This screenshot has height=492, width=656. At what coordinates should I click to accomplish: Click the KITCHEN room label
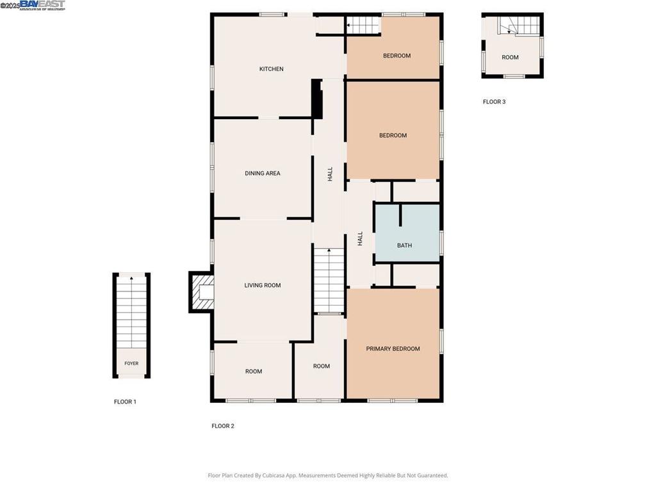coord(271,69)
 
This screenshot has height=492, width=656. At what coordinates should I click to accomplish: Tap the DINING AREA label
coord(263,174)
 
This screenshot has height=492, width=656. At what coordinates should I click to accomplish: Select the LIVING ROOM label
coord(263,286)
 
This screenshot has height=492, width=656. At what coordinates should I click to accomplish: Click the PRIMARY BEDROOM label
coord(393,349)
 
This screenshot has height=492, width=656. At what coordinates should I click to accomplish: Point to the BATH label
coord(404,245)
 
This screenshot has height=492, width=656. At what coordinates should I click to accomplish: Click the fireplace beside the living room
coord(202,292)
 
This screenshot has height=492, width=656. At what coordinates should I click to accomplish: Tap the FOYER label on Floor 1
coord(131,364)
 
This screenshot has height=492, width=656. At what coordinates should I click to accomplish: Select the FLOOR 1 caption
coord(125,402)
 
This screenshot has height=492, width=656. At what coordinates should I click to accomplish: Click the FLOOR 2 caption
coord(223,426)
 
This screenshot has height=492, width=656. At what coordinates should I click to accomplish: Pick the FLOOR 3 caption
coord(494,102)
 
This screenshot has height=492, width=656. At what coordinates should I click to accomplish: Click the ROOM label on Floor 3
coord(510,58)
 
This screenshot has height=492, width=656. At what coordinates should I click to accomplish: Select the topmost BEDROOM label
coord(397,56)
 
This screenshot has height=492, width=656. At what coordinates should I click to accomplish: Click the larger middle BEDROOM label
coord(393,136)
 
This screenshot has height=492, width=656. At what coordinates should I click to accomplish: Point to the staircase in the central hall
coord(329,280)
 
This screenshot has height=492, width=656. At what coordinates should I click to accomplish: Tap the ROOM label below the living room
coord(254,372)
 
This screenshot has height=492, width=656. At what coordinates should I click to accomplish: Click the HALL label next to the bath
coord(360,239)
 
